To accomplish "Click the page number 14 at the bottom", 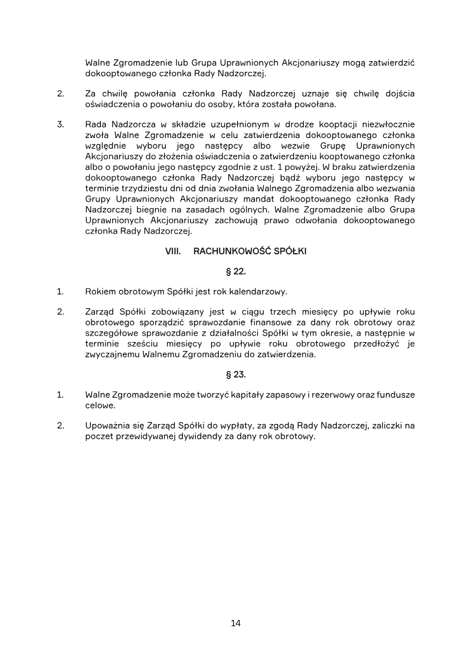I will pyautogui.click(x=236, y=623).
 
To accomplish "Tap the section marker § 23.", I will pyautogui.click(x=236, y=374).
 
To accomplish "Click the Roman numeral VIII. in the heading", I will pyautogui.click(x=172, y=251).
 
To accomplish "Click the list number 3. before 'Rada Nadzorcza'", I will pyautogui.click(x=60, y=124).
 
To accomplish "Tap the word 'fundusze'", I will pyautogui.click(x=394, y=394).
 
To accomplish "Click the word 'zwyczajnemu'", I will pyautogui.click(x=113, y=355).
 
